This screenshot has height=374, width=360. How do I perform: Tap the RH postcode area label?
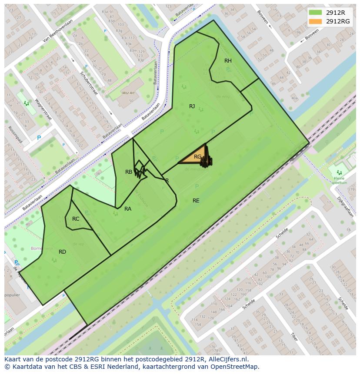228,61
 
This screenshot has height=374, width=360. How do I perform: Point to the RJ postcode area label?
192,106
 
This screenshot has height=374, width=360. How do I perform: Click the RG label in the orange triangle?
197,157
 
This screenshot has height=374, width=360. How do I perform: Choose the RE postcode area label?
196,201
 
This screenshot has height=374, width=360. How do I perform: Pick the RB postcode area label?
129,172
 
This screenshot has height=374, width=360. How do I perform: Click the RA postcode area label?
128,209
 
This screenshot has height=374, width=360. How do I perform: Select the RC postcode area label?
76,219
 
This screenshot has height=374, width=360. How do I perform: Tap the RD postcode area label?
62,252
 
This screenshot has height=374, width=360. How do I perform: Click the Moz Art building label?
128,93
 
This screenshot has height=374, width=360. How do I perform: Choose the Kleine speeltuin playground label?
339,180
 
